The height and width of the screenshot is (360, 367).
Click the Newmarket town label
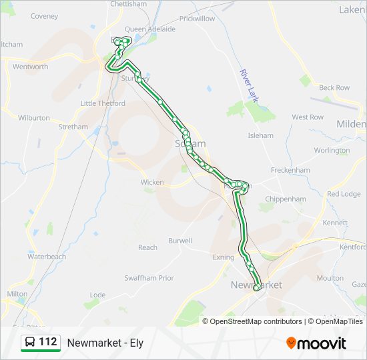tap(256, 285)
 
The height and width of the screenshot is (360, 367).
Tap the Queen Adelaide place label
tap(150, 29)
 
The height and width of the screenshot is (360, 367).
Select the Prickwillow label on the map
tap(197, 19)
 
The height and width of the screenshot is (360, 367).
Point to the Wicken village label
tap(152, 182)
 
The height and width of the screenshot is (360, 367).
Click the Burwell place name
tap(180, 241)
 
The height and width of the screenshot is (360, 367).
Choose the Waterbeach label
tap(47, 257)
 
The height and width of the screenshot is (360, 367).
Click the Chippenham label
tap(286, 199)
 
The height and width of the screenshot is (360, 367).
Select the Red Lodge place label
tap(344, 194)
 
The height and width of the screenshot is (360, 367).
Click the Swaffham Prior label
tap(149, 278)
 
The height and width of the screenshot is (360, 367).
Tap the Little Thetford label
tap(103, 103)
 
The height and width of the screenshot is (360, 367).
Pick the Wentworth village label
tap(31, 67)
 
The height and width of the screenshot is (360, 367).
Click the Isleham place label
tap(260, 135)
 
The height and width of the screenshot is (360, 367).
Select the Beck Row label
tap(334, 88)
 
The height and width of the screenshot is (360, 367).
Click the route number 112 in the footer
tap(48, 342)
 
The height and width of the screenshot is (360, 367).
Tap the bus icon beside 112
tap(30, 343)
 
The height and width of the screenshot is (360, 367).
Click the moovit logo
tap(316, 343)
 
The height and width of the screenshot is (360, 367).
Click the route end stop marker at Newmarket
tap(257, 287)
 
